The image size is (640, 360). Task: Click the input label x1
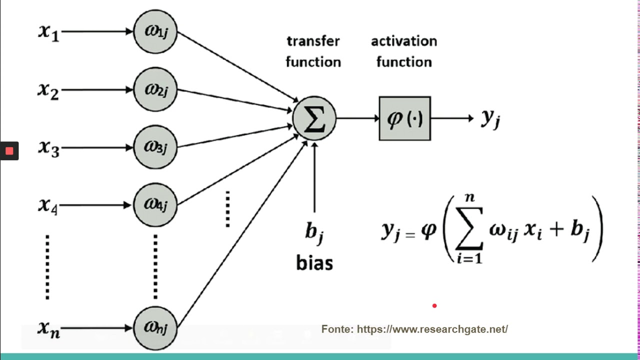[x=49, y=32]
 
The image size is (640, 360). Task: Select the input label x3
[x=49, y=148]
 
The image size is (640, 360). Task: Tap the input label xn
[x=49, y=329]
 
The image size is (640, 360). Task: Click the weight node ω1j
[x=155, y=31]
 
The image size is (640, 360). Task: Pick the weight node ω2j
[x=155, y=90]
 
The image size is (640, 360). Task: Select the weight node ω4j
[x=155, y=204]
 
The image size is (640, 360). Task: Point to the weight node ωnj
[x=155, y=328]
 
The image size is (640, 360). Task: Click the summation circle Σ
[x=314, y=119]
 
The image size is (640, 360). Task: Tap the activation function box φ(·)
[x=404, y=118]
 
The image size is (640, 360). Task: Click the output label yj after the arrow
[x=490, y=118]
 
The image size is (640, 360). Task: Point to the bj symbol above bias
[x=314, y=232]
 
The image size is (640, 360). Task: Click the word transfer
[x=313, y=41]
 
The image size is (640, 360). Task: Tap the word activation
[x=404, y=41]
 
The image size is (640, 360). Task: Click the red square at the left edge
[x=9, y=151]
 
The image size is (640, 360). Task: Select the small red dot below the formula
[x=434, y=305]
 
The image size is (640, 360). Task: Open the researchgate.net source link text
[x=432, y=329]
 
